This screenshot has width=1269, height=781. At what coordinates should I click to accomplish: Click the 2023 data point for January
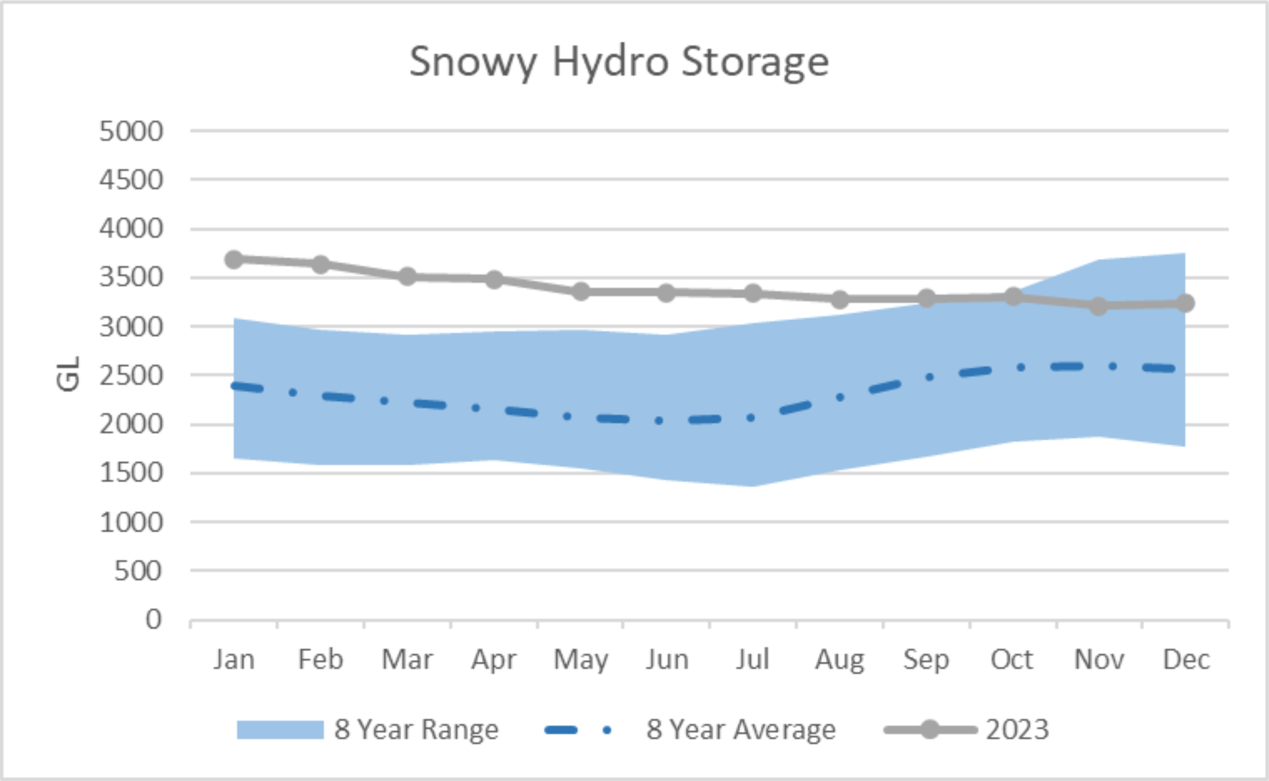click(x=234, y=259)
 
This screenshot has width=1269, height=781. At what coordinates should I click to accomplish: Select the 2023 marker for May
click(x=581, y=292)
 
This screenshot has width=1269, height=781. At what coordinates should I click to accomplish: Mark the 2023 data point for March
click(x=408, y=276)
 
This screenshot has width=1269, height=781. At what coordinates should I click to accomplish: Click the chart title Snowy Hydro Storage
click(x=619, y=62)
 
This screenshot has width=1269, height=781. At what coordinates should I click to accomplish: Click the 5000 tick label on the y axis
click(x=131, y=131)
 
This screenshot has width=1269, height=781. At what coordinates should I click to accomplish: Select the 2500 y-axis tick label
click(x=131, y=376)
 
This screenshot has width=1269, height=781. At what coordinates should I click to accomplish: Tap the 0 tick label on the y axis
click(x=153, y=619)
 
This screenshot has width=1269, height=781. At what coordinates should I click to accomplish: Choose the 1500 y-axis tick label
click(x=131, y=473)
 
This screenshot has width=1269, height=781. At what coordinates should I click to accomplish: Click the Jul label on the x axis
click(x=753, y=659)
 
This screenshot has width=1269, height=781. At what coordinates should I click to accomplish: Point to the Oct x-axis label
click(x=1012, y=659)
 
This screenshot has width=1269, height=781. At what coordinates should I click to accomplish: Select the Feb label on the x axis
click(x=321, y=659)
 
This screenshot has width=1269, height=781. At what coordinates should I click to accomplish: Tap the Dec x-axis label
click(x=1186, y=659)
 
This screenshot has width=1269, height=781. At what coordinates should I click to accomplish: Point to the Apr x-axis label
click(x=494, y=659)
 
